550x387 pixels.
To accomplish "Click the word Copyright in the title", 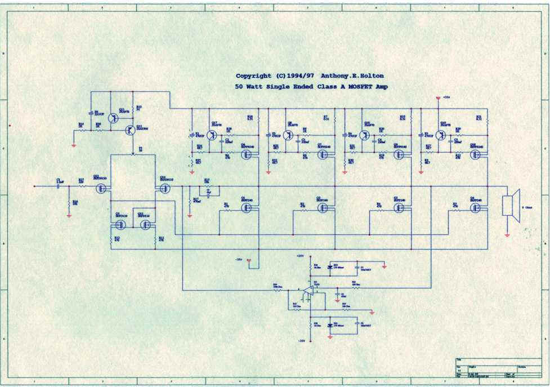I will coord(253,76).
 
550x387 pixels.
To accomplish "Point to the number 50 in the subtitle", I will coord(239,87).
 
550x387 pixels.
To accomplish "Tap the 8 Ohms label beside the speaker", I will coord(527,207).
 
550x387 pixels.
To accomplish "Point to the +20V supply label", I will coord(301,256).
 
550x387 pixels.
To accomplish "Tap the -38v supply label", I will coord(239,260).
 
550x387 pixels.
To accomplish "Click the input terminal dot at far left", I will coord(35,186).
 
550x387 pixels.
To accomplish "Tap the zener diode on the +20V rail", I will coord(330,267).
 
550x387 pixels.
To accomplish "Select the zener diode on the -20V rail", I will coord(330,325).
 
